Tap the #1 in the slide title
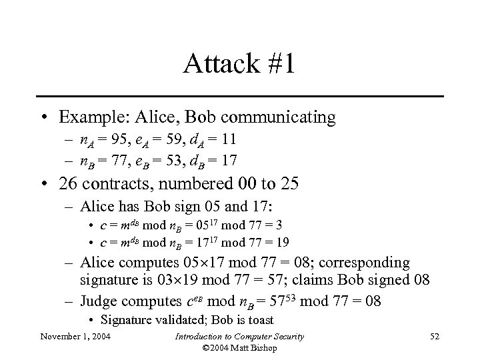(281, 65)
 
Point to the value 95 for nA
(117, 141)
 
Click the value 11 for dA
(231, 141)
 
